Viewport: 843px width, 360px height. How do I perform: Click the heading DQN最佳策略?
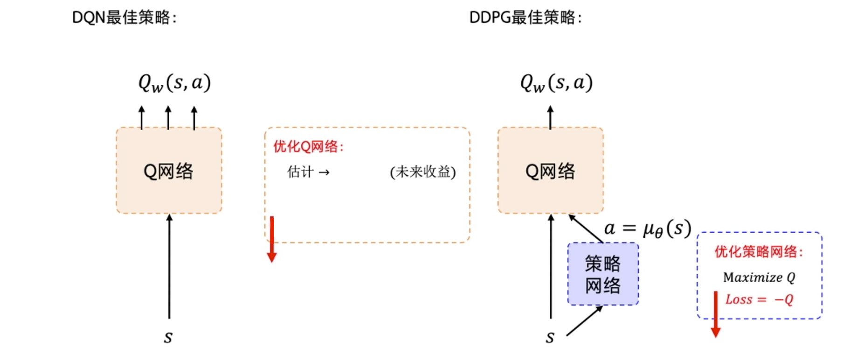tap(124, 18)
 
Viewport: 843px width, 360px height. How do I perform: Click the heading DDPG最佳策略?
tap(525, 18)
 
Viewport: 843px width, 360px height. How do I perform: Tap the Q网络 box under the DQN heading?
tap(169, 171)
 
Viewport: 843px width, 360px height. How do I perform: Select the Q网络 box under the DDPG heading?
tap(550, 171)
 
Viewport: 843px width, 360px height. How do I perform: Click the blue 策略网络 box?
tap(603, 274)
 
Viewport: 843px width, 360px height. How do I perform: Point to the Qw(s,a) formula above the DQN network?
tap(174, 83)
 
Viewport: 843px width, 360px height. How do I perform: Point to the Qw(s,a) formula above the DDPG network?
tap(556, 83)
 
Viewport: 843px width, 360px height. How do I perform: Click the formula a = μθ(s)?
tap(647, 228)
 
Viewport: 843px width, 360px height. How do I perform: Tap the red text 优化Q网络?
tap(308, 147)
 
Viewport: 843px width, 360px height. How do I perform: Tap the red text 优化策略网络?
tap(759, 252)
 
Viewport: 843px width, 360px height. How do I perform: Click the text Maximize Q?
tap(759, 277)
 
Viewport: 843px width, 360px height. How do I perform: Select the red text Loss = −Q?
tap(759, 299)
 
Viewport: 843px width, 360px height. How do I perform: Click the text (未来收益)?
tap(422, 172)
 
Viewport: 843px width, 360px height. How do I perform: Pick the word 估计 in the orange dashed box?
tap(300, 172)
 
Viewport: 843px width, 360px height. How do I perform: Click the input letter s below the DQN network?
tap(168, 337)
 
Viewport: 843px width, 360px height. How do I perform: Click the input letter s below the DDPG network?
tap(550, 337)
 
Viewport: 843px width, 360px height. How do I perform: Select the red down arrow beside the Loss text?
tap(716, 314)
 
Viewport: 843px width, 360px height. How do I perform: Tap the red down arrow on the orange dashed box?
tap(272, 240)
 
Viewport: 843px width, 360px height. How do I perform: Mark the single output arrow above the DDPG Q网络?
tap(550, 117)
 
